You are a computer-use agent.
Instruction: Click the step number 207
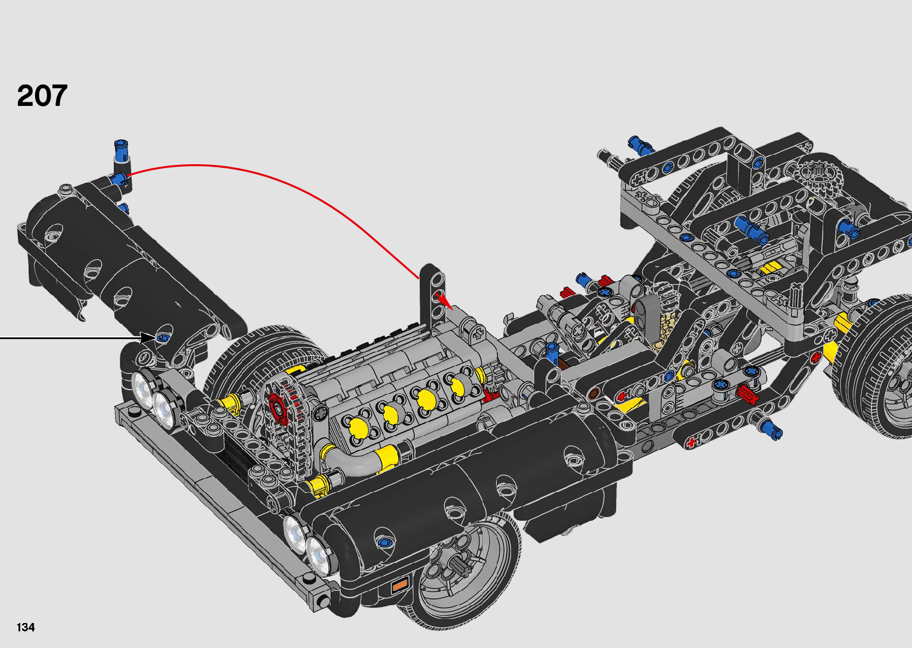click(42, 96)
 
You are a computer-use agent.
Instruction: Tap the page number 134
click(26, 627)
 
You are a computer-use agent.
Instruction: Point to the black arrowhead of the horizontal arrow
click(148, 338)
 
